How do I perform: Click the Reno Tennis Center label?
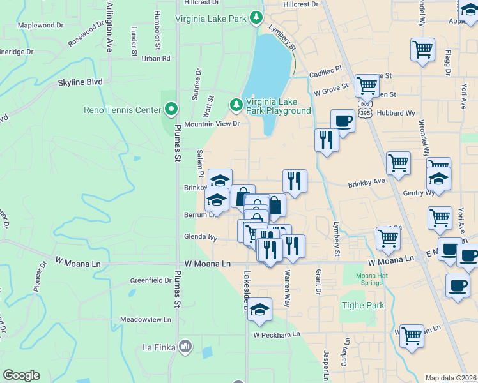tap(122, 110)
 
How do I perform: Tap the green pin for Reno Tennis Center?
tap(171, 110)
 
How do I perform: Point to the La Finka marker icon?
tap(185, 347)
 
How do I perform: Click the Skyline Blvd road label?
tap(80, 82)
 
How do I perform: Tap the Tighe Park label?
tap(363, 306)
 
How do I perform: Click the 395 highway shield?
tap(365, 113)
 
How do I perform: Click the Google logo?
tap(21, 375)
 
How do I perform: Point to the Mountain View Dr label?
tap(212, 124)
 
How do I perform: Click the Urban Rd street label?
tap(157, 59)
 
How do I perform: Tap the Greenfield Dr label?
tap(151, 280)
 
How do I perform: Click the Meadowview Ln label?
tap(146, 319)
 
